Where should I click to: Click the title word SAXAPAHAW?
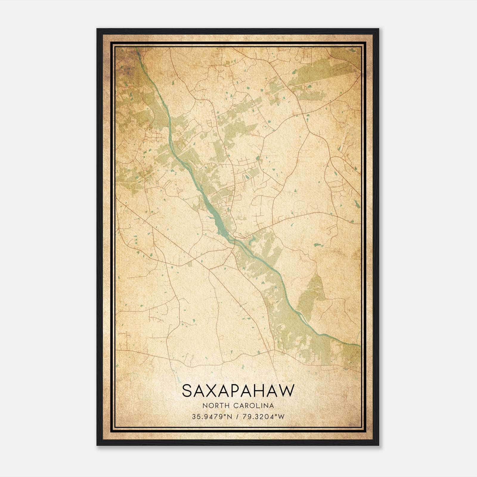(238, 391)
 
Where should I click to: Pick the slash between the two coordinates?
(237, 417)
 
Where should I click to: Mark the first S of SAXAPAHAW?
(187, 391)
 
